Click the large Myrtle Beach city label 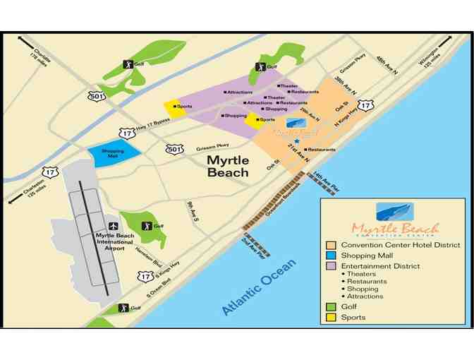(x=227, y=166)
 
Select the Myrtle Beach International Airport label (x=104, y=239)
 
